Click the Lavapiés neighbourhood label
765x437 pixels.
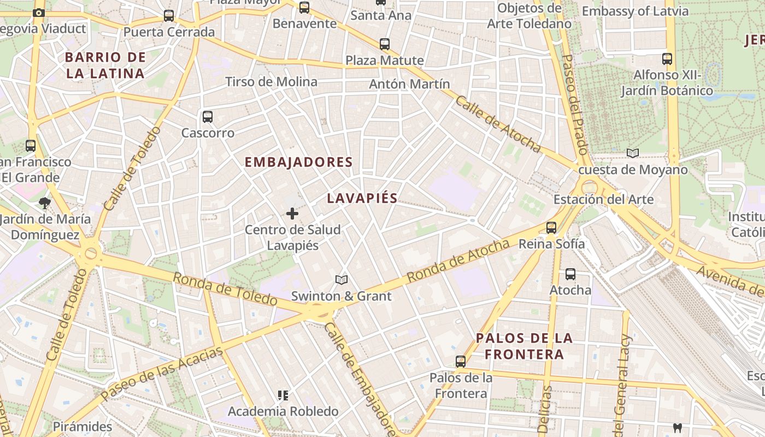click(x=362, y=198)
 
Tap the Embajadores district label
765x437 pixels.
click(x=298, y=162)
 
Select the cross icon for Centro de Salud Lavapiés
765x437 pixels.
click(x=292, y=214)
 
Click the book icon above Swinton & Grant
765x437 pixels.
click(x=342, y=280)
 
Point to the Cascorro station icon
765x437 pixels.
click(x=208, y=116)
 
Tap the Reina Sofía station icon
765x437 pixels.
click(x=551, y=228)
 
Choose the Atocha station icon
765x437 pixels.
click(x=570, y=274)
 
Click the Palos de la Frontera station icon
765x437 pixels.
click(x=461, y=361)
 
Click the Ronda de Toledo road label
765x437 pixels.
click(x=225, y=289)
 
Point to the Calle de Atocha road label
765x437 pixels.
click(x=498, y=125)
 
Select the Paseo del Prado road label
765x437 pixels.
click(x=574, y=104)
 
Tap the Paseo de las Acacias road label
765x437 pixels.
click(x=162, y=373)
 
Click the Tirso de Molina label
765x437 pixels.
click(x=271, y=82)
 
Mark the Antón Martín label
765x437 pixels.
click(x=409, y=84)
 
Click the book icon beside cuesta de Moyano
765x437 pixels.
click(x=633, y=153)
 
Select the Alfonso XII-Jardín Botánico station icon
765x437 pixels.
click(x=667, y=58)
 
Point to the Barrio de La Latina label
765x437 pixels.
click(x=105, y=65)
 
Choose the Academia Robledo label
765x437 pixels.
click(x=283, y=411)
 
